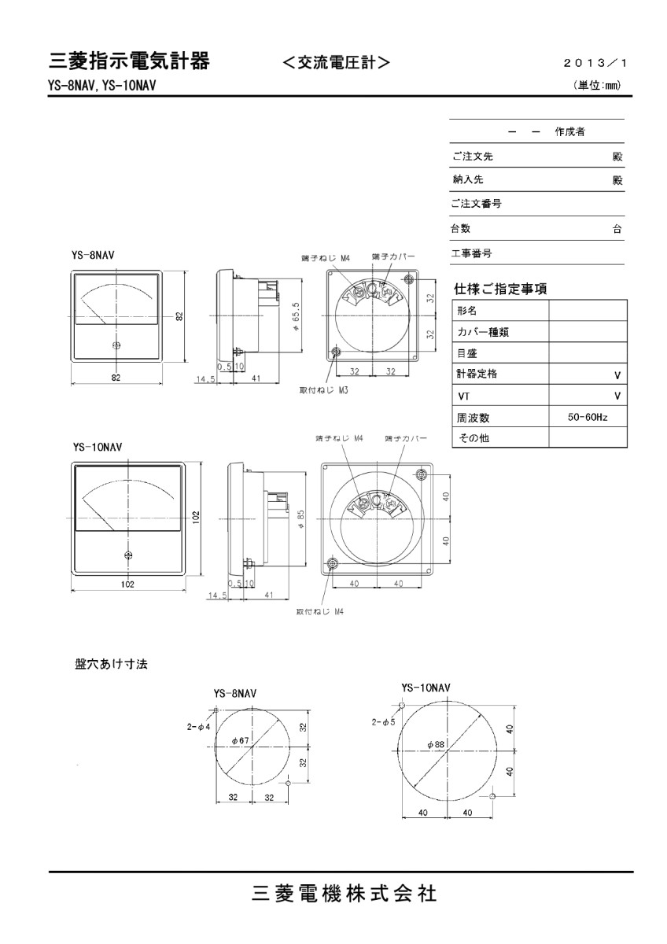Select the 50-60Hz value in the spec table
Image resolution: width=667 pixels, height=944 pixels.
(587, 417)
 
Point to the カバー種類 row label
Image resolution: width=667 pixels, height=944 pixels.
(482, 332)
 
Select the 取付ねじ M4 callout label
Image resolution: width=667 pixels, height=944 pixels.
(319, 611)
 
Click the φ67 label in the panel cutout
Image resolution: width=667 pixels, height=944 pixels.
(241, 741)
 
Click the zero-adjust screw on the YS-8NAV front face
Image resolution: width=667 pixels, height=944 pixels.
(116, 346)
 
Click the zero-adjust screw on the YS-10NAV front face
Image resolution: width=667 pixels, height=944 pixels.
(128, 555)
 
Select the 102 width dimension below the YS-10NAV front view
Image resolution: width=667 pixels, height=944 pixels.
(128, 584)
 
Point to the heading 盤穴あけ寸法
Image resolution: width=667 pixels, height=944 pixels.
(106, 664)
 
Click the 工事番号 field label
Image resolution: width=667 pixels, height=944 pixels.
(472, 253)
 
